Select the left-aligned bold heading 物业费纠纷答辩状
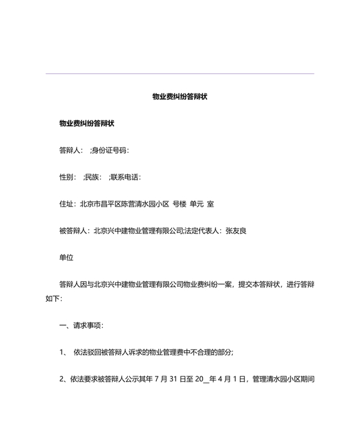pyautogui.click(x=86, y=124)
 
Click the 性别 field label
pyautogui.click(x=66, y=177)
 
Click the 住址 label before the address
pyautogui.click(x=66, y=204)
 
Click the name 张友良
pyautogui.click(x=236, y=230)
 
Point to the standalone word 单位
pyautogui.click(x=66, y=257)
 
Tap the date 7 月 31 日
pyautogui.click(x=186, y=380)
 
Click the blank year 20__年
pyautogui.click(x=216, y=380)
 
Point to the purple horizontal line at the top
pyautogui.click(x=180, y=73)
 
